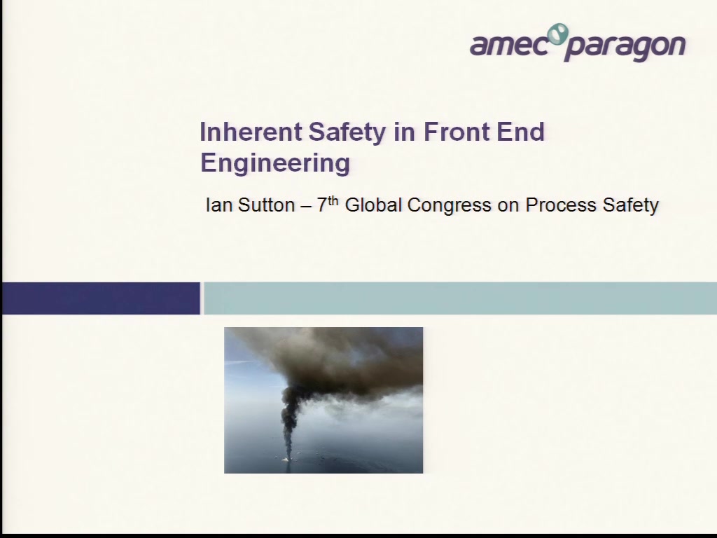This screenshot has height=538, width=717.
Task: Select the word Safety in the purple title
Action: tap(347, 132)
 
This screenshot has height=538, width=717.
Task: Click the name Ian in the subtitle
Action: tap(219, 205)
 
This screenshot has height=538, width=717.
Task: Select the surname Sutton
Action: tap(267, 205)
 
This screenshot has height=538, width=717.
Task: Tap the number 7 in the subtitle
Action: tap(322, 205)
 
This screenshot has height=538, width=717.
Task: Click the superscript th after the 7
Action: tap(333, 200)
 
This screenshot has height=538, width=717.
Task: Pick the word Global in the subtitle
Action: tap(373, 205)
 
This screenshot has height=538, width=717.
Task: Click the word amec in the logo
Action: tap(508, 46)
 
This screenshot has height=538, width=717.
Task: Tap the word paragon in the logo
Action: tap(625, 48)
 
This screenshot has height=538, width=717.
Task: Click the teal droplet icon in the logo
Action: tap(558, 34)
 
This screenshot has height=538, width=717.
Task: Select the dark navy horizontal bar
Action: tap(101, 298)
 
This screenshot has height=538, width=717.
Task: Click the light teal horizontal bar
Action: tap(460, 298)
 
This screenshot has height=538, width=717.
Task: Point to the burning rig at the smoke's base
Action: tap(287, 459)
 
